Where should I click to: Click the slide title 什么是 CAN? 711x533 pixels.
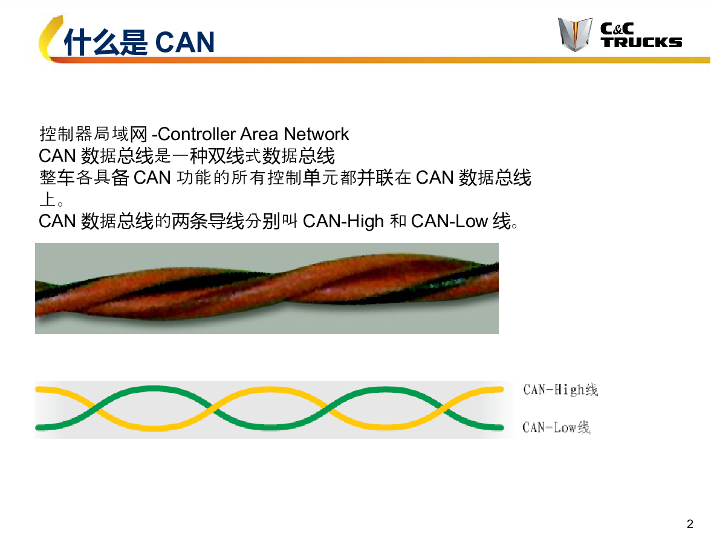click(139, 42)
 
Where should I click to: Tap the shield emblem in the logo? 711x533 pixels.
click(575, 34)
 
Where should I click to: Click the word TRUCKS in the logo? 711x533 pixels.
click(641, 42)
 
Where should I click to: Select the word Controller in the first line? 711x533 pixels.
click(197, 134)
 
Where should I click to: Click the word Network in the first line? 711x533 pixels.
click(317, 134)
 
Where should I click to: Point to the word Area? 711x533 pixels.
click(259, 134)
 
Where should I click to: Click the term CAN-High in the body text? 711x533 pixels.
click(343, 221)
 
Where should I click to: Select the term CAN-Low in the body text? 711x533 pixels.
click(449, 221)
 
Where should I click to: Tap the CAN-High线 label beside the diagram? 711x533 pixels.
click(560, 390)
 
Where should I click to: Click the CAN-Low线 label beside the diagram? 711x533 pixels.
click(556, 427)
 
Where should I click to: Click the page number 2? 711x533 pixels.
click(690, 524)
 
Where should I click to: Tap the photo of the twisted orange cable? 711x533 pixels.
click(267, 289)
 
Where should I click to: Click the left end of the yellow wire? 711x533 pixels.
click(37, 389)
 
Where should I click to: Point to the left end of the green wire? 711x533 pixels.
click(37, 427)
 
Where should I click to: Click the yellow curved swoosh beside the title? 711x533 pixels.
click(49, 39)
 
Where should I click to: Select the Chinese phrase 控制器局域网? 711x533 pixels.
click(94, 134)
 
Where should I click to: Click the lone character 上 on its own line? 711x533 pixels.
click(48, 199)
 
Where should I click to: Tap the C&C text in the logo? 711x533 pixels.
click(617, 28)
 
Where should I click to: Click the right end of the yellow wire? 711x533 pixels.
click(502, 389)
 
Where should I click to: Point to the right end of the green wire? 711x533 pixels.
click(502, 427)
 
